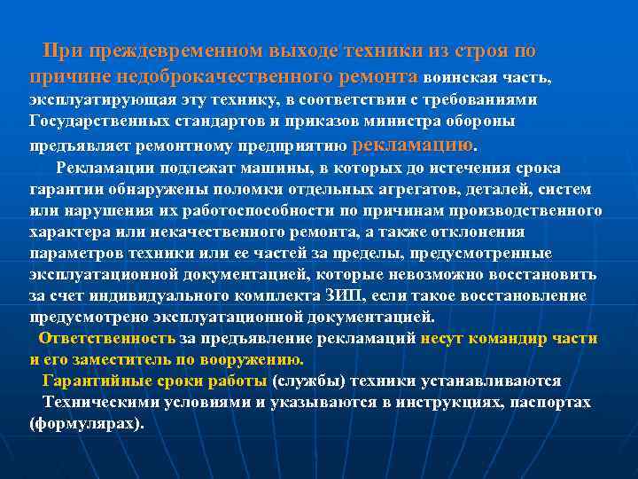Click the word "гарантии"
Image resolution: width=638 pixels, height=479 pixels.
[63, 190]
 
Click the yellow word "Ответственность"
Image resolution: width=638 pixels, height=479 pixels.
[106, 339]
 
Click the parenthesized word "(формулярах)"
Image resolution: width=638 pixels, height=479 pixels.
[86, 423]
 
